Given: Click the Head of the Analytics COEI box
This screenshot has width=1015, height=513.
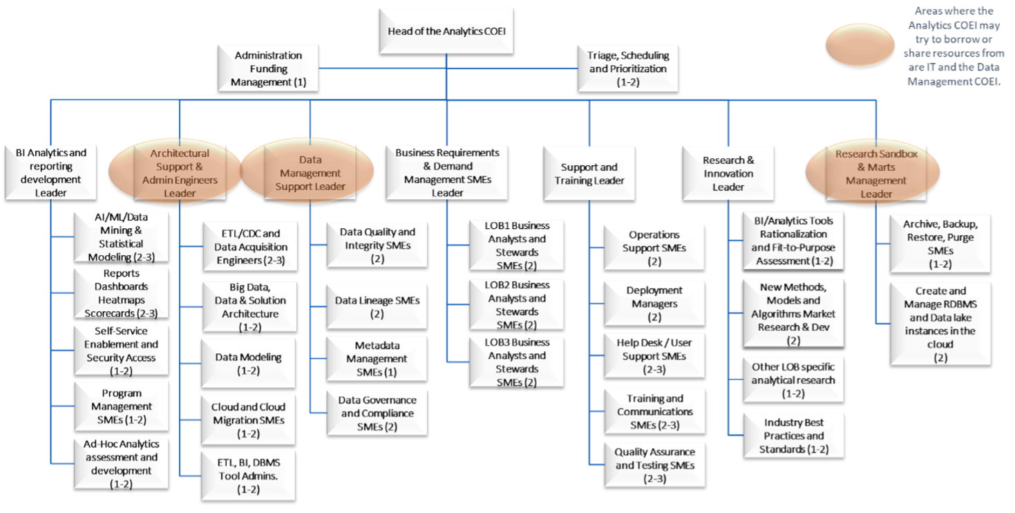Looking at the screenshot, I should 446,30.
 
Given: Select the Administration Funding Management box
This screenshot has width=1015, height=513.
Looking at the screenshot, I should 268,68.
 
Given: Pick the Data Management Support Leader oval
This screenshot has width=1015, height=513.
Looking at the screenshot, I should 310,173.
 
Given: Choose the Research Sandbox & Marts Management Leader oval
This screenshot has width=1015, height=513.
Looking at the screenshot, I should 876,174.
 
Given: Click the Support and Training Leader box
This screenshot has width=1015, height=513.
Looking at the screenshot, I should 589,174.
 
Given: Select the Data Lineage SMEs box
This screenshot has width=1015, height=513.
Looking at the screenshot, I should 377,307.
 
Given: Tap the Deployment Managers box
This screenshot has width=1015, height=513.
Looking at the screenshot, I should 654,304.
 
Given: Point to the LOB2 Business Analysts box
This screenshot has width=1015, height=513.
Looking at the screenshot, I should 516,305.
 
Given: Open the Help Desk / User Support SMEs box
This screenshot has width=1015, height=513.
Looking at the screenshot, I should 654,356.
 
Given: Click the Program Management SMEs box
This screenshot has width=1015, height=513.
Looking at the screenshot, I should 122,406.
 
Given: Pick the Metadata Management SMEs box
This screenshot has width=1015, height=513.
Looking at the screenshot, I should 377,359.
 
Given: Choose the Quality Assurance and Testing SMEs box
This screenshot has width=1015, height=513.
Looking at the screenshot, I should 654,465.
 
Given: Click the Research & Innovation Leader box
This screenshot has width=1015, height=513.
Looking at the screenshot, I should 728,174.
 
